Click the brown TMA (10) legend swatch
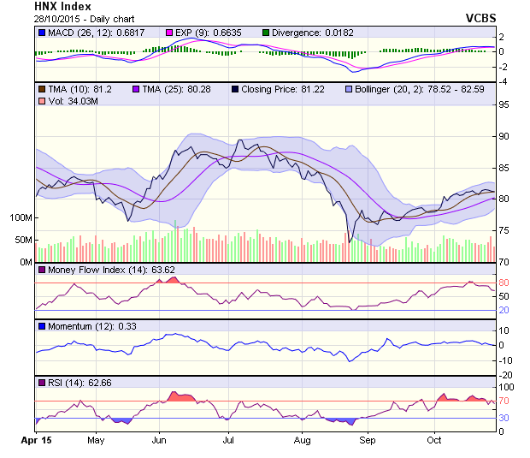pos(40,88)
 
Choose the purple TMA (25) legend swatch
pos(135,88)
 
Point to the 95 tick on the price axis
pos(504,105)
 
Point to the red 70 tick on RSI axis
pos(504,401)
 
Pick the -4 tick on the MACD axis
pos(503,81)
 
